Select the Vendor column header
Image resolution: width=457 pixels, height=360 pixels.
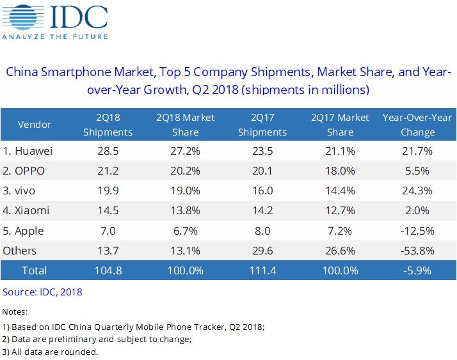pyautogui.click(x=35, y=125)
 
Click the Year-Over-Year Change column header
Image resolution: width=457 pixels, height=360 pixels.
pyautogui.click(x=417, y=125)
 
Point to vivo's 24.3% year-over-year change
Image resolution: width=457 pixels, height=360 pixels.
pyautogui.click(x=417, y=191)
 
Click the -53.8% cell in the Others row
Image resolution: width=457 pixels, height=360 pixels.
pyautogui.click(x=417, y=250)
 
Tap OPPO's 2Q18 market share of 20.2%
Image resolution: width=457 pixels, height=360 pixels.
pyautogui.click(x=185, y=171)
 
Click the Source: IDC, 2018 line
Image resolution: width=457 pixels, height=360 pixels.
pyautogui.click(x=42, y=292)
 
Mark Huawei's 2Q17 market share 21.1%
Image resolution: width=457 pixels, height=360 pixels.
pyautogui.click(x=340, y=152)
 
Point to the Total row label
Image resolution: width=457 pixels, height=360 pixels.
pyautogui.click(x=35, y=270)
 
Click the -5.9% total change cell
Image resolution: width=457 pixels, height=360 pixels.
pyautogui.click(x=417, y=270)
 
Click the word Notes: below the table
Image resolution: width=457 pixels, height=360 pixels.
pyautogui.click(x=15, y=311)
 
